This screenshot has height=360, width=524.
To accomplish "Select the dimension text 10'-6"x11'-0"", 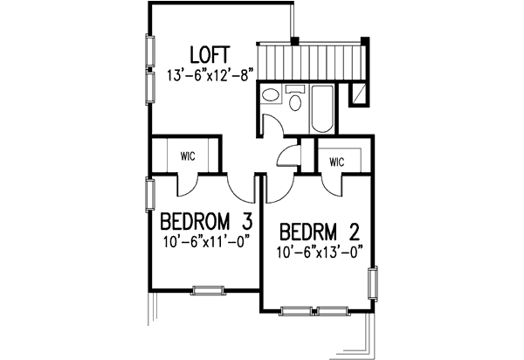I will (x=203, y=241).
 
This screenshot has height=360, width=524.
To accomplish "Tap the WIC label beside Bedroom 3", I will (x=188, y=157).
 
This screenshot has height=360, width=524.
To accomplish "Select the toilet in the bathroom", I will (x=295, y=100).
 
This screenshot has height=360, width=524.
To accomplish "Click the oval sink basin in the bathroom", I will (x=270, y=97).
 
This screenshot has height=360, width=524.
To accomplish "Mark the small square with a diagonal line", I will (x=358, y=93).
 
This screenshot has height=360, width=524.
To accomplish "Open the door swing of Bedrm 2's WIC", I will (x=333, y=183).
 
